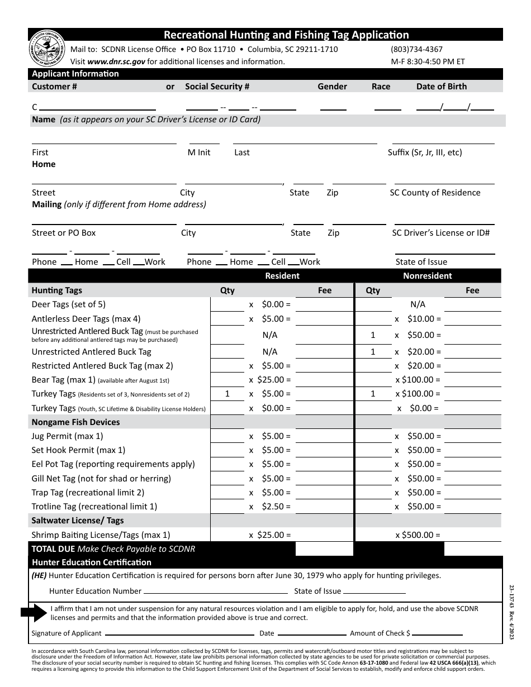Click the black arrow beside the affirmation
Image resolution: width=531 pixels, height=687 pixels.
pyautogui.click(x=35, y=613)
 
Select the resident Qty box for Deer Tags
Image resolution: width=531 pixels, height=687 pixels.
pyautogui.click(x=227, y=304)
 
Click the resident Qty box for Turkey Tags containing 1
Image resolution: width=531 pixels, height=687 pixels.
pyautogui.click(x=227, y=394)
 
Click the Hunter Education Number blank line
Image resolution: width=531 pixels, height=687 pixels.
pyautogui.click(x=216, y=591)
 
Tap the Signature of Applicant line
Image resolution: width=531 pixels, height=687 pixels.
pyautogui.click(x=179, y=634)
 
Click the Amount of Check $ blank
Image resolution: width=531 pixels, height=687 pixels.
pyautogui.click(x=438, y=634)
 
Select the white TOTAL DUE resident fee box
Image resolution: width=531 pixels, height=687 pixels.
pyautogui.click(x=324, y=548)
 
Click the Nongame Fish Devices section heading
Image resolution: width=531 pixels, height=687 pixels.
pyautogui.click(x=75, y=422)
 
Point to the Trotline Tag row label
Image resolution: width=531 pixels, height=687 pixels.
pyautogui.click(x=94, y=507)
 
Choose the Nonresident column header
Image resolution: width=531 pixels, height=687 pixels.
pyautogui.click(x=428, y=276)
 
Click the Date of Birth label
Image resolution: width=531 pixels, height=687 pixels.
pyautogui.click(x=441, y=87)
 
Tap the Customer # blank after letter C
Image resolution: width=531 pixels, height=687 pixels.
pyautogui.click(x=97, y=107)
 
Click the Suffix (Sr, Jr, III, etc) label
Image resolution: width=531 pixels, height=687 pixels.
pyautogui.click(x=425, y=152)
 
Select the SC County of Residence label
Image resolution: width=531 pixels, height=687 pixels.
pyautogui.click(x=435, y=193)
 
